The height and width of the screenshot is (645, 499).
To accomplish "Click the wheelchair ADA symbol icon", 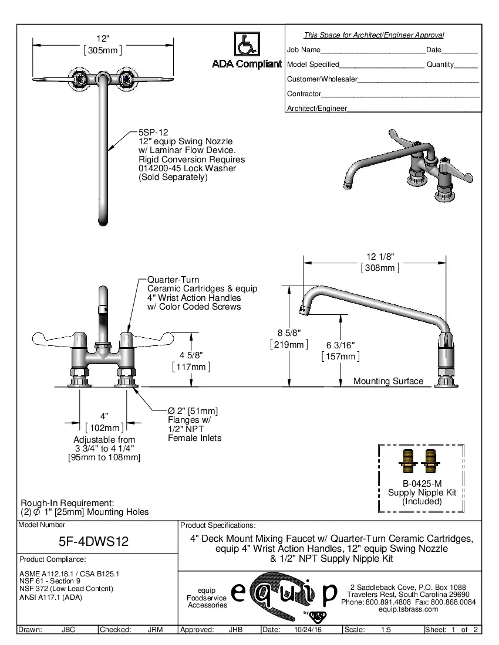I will point(247,44).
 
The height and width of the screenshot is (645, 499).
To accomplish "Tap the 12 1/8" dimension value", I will point(379,257).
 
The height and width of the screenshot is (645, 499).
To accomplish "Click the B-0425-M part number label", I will point(422,484).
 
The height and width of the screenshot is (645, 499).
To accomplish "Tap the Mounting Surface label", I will point(388,381).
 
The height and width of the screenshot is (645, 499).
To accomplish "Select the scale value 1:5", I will point(386,630).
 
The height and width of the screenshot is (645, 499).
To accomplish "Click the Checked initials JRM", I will point(155,630).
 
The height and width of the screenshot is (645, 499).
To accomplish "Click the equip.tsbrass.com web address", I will point(409,609).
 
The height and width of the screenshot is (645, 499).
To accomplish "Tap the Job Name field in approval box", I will point(304,50).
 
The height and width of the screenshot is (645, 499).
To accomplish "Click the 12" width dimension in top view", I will point(103,39).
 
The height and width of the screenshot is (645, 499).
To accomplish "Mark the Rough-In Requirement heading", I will point(67,503).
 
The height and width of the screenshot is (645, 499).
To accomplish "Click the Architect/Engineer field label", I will point(317,108).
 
